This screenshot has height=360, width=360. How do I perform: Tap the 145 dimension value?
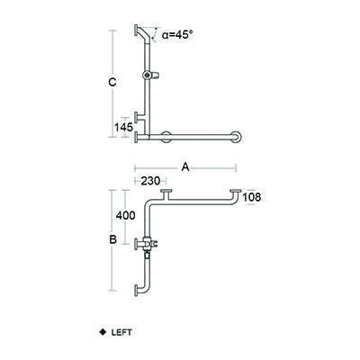click(x=124, y=127)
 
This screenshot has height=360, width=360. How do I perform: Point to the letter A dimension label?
click(x=184, y=166)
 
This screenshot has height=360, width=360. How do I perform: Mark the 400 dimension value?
click(x=126, y=217)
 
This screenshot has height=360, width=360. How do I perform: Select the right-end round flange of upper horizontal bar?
click(x=237, y=138)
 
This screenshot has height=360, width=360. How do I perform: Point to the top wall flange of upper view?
click(x=136, y=31)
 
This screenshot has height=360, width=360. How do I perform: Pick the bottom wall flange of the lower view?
click(x=136, y=292)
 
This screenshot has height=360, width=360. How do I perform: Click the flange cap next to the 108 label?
click(x=236, y=191)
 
